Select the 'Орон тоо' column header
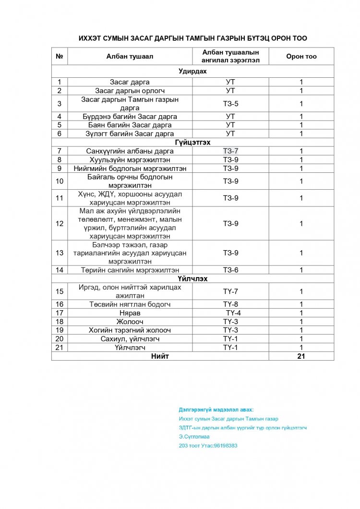pyautogui.click(x=301, y=56)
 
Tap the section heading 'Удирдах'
pyautogui.click(x=192, y=71)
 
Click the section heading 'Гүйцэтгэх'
pyautogui.click(x=192, y=142)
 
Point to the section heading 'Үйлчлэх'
pyautogui.click(x=192, y=279)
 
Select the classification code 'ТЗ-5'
pyautogui.click(x=230, y=104)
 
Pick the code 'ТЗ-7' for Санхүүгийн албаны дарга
pyautogui.click(x=230, y=151)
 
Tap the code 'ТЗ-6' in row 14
pyautogui.click(x=230, y=270)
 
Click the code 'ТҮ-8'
pyautogui.click(x=230, y=304)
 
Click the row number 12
pyautogui.click(x=60, y=223)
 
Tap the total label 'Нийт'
pyautogui.click(x=160, y=356)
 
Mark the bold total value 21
pyautogui.click(x=301, y=356)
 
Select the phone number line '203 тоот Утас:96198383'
pyautogui.click(x=208, y=446)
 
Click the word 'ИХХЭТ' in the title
pyautogui.click(x=91, y=38)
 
